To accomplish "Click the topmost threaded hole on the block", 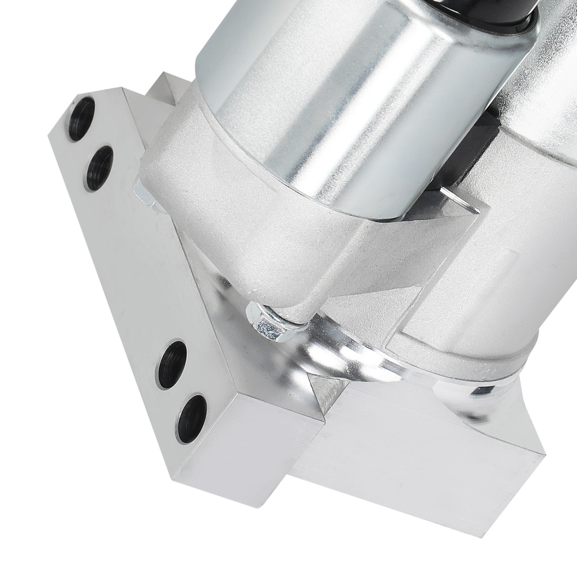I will pos(81,118).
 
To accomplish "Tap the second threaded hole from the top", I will pos(99,168).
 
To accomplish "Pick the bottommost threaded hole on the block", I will pos(192,418).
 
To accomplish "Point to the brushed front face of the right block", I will pos(415,456).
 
